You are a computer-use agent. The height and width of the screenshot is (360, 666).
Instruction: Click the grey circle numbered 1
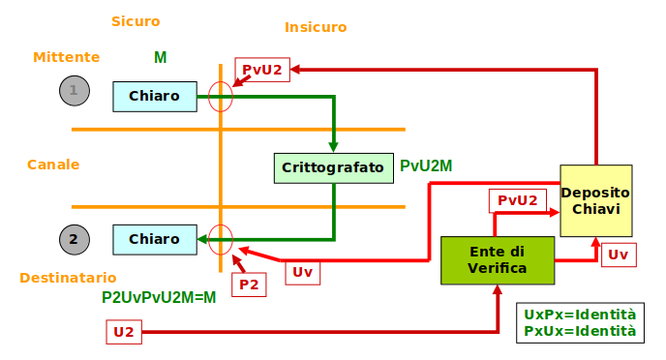pyautogui.click(x=74, y=92)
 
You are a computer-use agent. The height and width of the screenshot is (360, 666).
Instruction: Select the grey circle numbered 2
pyautogui.click(x=74, y=239)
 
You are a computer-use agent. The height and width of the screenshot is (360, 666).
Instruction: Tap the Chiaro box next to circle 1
pyautogui.click(x=155, y=96)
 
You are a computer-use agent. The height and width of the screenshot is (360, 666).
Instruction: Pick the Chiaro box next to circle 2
pyautogui.click(x=155, y=239)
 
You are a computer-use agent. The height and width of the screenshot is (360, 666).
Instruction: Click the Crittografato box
pyautogui.click(x=333, y=167)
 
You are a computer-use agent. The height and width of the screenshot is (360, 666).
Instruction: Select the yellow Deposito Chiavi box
pyautogui.click(x=595, y=200)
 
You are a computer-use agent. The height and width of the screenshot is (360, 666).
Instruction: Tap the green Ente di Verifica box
pyautogui.click(x=498, y=259)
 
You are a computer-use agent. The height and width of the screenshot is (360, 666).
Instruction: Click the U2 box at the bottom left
pyautogui.click(x=124, y=332)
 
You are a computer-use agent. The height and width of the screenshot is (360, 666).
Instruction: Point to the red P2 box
pyautogui.click(x=249, y=285)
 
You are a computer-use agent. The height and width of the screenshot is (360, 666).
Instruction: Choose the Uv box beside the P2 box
pyautogui.click(x=303, y=272)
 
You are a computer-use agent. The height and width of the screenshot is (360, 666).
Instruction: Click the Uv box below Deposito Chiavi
pyautogui.click(x=618, y=255)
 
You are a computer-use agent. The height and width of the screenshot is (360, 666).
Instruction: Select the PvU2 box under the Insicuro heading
pyautogui.click(x=262, y=70)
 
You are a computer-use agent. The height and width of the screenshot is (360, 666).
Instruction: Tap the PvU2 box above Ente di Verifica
pyautogui.click(x=517, y=200)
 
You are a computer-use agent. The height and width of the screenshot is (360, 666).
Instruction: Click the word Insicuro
pyautogui.click(x=316, y=27)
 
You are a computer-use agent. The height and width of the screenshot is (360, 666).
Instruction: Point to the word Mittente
pyautogui.click(x=67, y=57)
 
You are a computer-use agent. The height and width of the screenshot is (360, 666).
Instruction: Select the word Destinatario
pyautogui.click(x=68, y=278)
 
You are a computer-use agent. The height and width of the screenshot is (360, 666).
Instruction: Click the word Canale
pyautogui.click(x=53, y=165)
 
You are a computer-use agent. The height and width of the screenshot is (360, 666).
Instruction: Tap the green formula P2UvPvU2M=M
pyautogui.click(x=159, y=298)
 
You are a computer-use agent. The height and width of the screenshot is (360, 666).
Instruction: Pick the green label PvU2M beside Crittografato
pyautogui.click(x=426, y=166)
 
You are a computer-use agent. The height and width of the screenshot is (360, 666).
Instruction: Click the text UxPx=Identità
pyautogui.click(x=580, y=315)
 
